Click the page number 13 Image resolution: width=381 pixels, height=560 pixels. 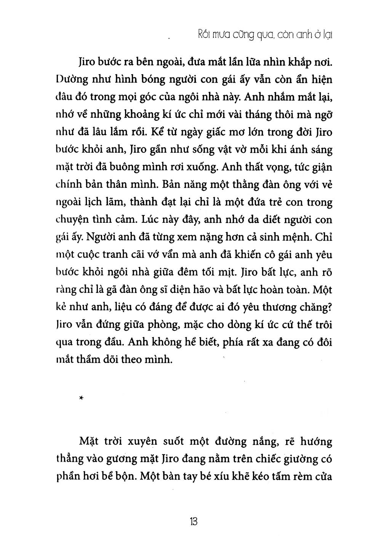tap(193, 521)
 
